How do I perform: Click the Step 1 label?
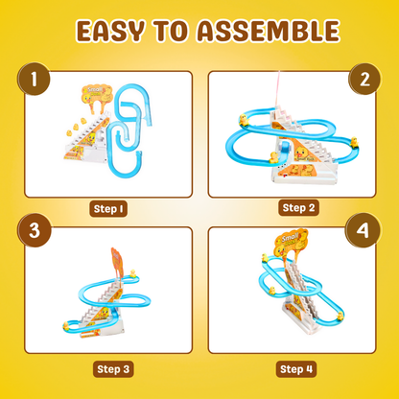point(107,206)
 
